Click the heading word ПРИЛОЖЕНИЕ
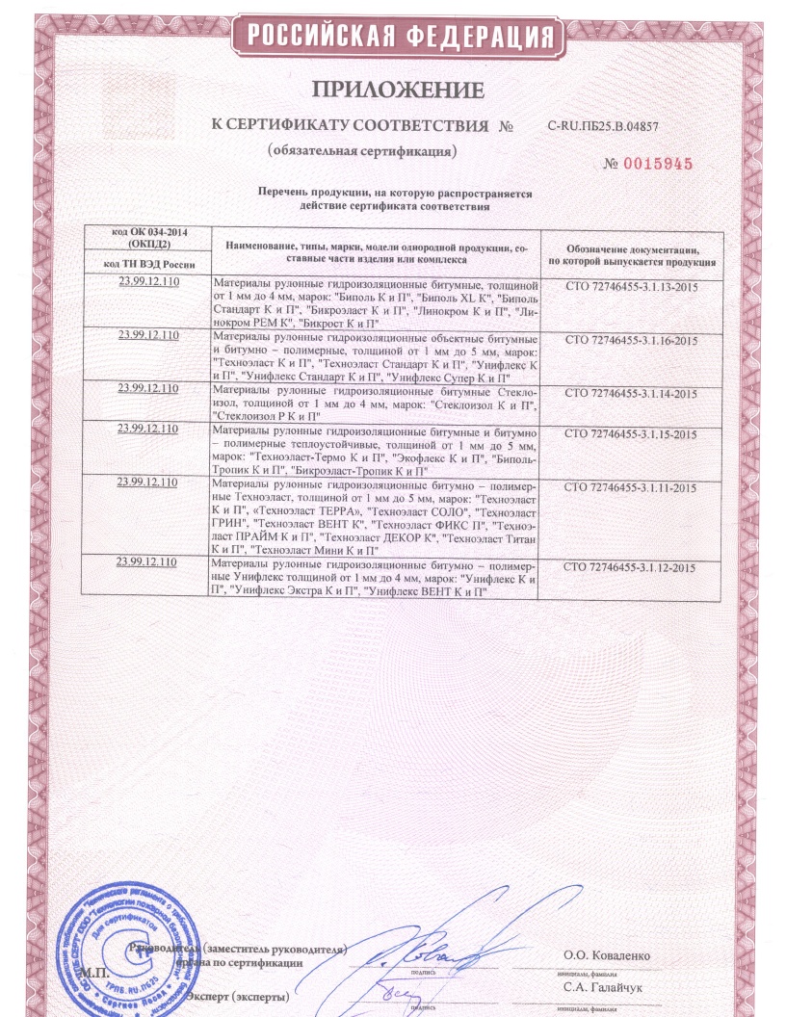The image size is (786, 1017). coord(397,92)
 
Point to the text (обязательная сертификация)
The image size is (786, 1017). coord(361,151)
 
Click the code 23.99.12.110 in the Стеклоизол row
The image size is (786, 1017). coord(149,389)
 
